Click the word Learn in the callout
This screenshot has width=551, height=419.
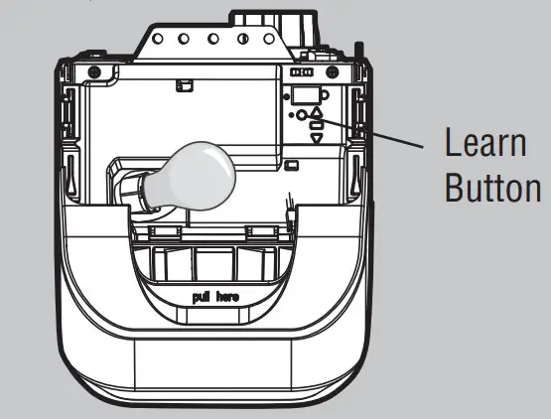click(x=486, y=142)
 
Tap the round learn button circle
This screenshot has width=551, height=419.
click(x=302, y=115)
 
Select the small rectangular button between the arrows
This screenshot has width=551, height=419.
click(x=317, y=125)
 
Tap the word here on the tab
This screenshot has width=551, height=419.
click(x=227, y=298)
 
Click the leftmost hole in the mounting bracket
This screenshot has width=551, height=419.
click(x=158, y=39)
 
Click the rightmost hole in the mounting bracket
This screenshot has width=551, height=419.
click(x=269, y=39)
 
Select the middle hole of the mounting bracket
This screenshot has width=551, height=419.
click(x=212, y=39)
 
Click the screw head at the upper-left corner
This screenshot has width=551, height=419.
click(x=94, y=72)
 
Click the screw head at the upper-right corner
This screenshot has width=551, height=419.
click(x=332, y=72)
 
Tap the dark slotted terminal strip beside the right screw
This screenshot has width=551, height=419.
click(x=302, y=72)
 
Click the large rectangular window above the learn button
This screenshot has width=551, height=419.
click(x=305, y=95)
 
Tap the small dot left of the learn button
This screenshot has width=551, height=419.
click(x=291, y=115)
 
